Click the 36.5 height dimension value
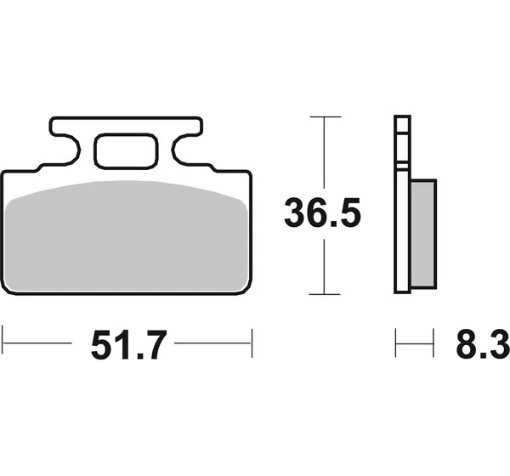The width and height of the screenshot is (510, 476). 322,213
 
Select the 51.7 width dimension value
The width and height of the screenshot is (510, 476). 129,344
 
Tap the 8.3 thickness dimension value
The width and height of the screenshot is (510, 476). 483,343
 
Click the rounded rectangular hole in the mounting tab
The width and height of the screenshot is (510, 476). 126,151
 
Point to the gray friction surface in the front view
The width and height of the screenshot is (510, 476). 127,235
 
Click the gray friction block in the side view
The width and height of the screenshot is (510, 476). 422,234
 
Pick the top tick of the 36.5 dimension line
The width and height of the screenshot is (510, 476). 326,116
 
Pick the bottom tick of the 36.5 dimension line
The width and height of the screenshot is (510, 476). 325,294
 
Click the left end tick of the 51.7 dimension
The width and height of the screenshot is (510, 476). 3,343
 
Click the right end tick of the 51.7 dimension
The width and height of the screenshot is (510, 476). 252,343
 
